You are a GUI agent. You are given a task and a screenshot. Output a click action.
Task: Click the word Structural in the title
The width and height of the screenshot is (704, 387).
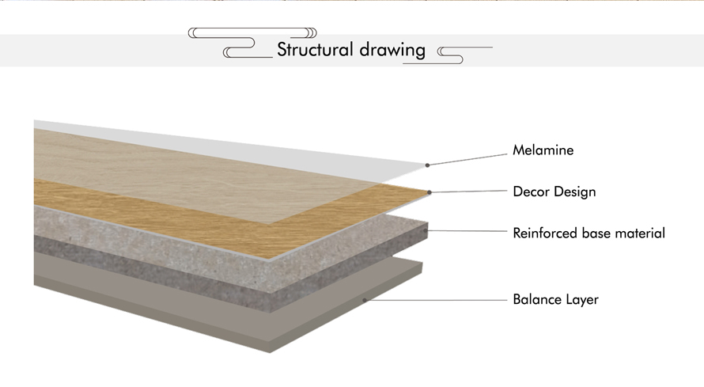[315, 49]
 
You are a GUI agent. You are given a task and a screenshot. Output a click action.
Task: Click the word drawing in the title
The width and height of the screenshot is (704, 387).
[392, 51]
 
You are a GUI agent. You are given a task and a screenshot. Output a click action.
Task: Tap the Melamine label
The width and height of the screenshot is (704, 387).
[543, 150]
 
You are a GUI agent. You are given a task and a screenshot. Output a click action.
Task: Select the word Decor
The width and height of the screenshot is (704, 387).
[531, 192]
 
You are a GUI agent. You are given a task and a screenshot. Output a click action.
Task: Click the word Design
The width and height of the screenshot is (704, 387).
[575, 192]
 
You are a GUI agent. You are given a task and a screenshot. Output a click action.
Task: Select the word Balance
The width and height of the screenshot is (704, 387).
[532, 299]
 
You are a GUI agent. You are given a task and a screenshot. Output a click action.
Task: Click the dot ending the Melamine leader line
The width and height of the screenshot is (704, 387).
[427, 165]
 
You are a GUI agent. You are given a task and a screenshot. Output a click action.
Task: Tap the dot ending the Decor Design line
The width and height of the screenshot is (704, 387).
[430, 192]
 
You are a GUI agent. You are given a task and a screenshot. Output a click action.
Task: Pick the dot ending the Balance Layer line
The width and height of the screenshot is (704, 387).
[365, 300]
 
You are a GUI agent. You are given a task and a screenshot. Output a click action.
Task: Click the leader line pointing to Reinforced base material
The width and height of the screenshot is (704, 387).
[467, 231]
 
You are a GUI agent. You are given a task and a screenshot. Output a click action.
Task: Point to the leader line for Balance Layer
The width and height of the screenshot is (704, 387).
[436, 300]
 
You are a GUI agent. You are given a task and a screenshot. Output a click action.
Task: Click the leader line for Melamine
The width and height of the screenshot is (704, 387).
[467, 160]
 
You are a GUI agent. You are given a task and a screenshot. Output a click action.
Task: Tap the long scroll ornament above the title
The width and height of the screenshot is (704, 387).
[252, 32]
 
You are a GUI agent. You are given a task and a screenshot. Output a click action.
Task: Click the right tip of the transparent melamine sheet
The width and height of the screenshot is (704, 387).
[427, 163]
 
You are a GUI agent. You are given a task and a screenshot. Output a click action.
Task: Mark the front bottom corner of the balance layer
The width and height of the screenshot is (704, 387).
[270, 353]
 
